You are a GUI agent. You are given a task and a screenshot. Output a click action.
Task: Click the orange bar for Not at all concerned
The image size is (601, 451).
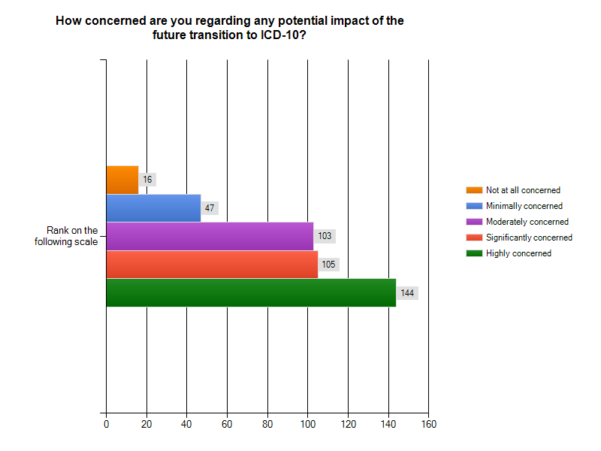[122, 180]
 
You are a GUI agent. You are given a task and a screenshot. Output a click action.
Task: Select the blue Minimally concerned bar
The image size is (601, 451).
[153, 207]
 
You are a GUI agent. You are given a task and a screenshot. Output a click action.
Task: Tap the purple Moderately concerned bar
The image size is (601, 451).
[210, 236]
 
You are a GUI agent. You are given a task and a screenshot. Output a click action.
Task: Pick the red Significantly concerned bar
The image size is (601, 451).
[212, 265]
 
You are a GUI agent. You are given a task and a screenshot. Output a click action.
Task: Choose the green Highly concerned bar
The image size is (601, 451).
[251, 292]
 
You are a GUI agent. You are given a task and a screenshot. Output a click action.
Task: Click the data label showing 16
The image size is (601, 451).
[147, 180]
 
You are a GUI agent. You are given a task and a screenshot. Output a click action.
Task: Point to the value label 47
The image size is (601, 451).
[210, 207]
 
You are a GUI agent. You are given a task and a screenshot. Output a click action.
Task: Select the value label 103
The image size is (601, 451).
[325, 236]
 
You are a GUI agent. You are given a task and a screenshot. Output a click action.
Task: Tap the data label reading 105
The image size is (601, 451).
[328, 265]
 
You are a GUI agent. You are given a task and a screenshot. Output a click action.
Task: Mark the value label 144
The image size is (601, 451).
[407, 292]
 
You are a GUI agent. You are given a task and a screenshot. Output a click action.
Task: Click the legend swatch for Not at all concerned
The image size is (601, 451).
[473, 190]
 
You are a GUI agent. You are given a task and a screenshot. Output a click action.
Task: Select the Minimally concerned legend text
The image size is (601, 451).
[524, 206]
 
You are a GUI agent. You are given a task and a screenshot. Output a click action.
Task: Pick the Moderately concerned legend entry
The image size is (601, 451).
[527, 222]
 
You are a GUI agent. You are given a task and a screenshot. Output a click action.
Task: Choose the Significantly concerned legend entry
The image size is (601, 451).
[529, 238]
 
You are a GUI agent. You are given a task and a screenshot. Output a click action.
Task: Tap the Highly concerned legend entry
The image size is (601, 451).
[518, 253]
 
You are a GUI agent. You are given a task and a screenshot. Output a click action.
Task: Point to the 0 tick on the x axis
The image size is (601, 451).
[106, 424]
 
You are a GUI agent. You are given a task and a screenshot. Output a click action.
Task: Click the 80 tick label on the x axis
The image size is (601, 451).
[267, 424]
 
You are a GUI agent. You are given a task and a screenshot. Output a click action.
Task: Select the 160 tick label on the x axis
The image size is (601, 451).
[428, 424]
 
